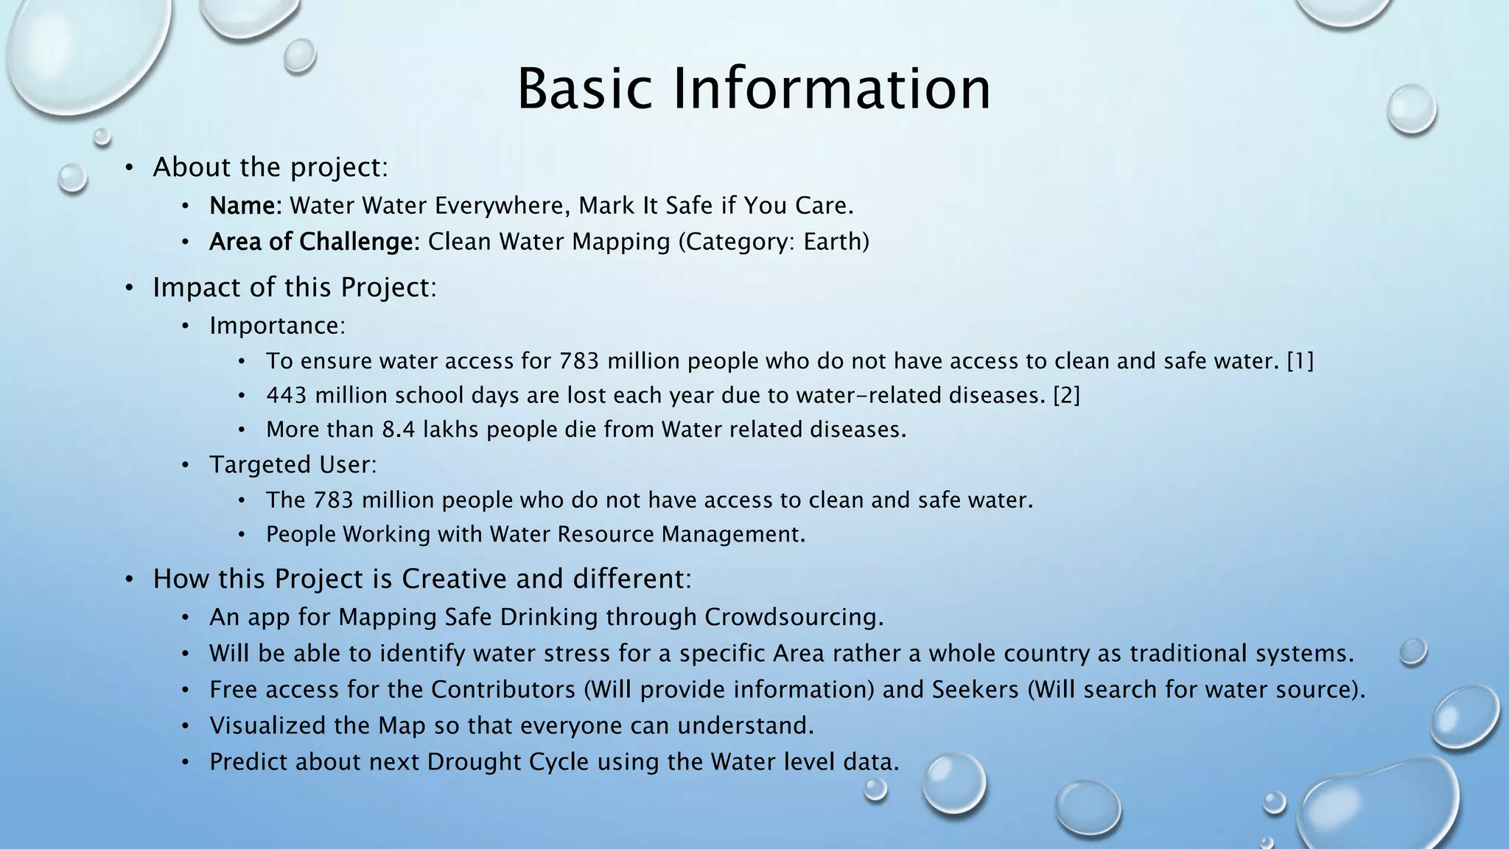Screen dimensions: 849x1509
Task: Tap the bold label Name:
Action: (245, 206)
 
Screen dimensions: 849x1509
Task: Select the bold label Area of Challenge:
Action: (314, 242)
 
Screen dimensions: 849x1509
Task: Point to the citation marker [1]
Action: (1300, 361)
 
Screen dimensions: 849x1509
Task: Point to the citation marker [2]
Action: (1066, 396)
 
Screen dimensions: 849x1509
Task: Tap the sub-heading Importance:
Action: (277, 326)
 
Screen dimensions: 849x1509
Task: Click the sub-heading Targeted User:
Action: (293, 465)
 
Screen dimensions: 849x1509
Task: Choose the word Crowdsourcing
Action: (793, 617)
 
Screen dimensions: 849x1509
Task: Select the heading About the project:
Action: (270, 167)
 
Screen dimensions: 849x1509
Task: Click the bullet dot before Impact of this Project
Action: (129, 288)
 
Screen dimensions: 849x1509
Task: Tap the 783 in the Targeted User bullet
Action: (333, 500)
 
